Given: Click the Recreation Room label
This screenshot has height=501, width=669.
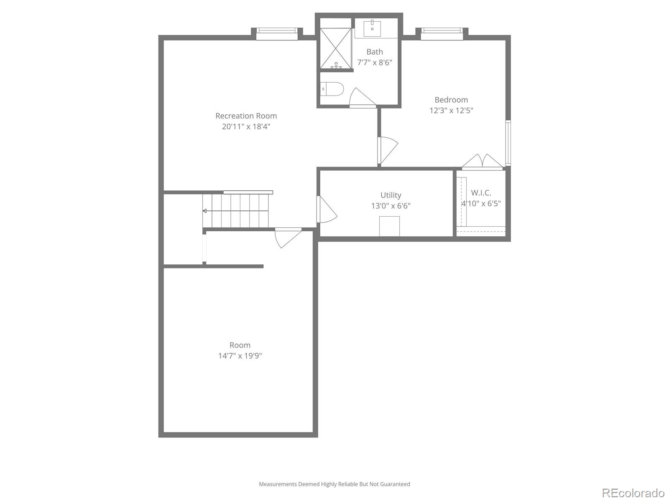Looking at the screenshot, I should (x=246, y=116).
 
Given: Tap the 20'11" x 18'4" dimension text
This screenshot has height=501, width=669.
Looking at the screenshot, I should (x=246, y=127).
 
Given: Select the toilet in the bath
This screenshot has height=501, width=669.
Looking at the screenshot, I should (x=332, y=89).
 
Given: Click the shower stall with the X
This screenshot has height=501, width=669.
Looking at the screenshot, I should (x=336, y=48).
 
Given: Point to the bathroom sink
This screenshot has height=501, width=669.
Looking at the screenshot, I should (x=372, y=28).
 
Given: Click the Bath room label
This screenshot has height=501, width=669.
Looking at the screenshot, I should (x=374, y=52).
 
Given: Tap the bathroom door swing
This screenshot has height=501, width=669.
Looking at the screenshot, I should (x=360, y=99).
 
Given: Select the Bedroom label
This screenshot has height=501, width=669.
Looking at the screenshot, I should (x=451, y=100).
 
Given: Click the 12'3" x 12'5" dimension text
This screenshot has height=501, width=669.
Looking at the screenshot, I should (x=451, y=111).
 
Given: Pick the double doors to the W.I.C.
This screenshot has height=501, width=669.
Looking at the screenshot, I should (x=482, y=162).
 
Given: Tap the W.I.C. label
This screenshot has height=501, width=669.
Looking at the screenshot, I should (x=481, y=193).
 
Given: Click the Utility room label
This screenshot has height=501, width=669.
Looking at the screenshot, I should (x=391, y=195).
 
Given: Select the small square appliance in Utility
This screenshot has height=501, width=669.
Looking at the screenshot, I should (x=389, y=226).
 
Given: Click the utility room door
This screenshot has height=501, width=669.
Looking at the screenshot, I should (x=326, y=210).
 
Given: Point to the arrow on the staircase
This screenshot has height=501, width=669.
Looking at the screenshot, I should (x=205, y=211).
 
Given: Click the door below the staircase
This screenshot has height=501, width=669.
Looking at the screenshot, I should (x=288, y=237).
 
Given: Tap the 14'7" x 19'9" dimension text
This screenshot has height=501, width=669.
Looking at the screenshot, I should (x=240, y=356).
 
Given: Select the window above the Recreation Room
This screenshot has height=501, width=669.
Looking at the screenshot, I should (x=276, y=33).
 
